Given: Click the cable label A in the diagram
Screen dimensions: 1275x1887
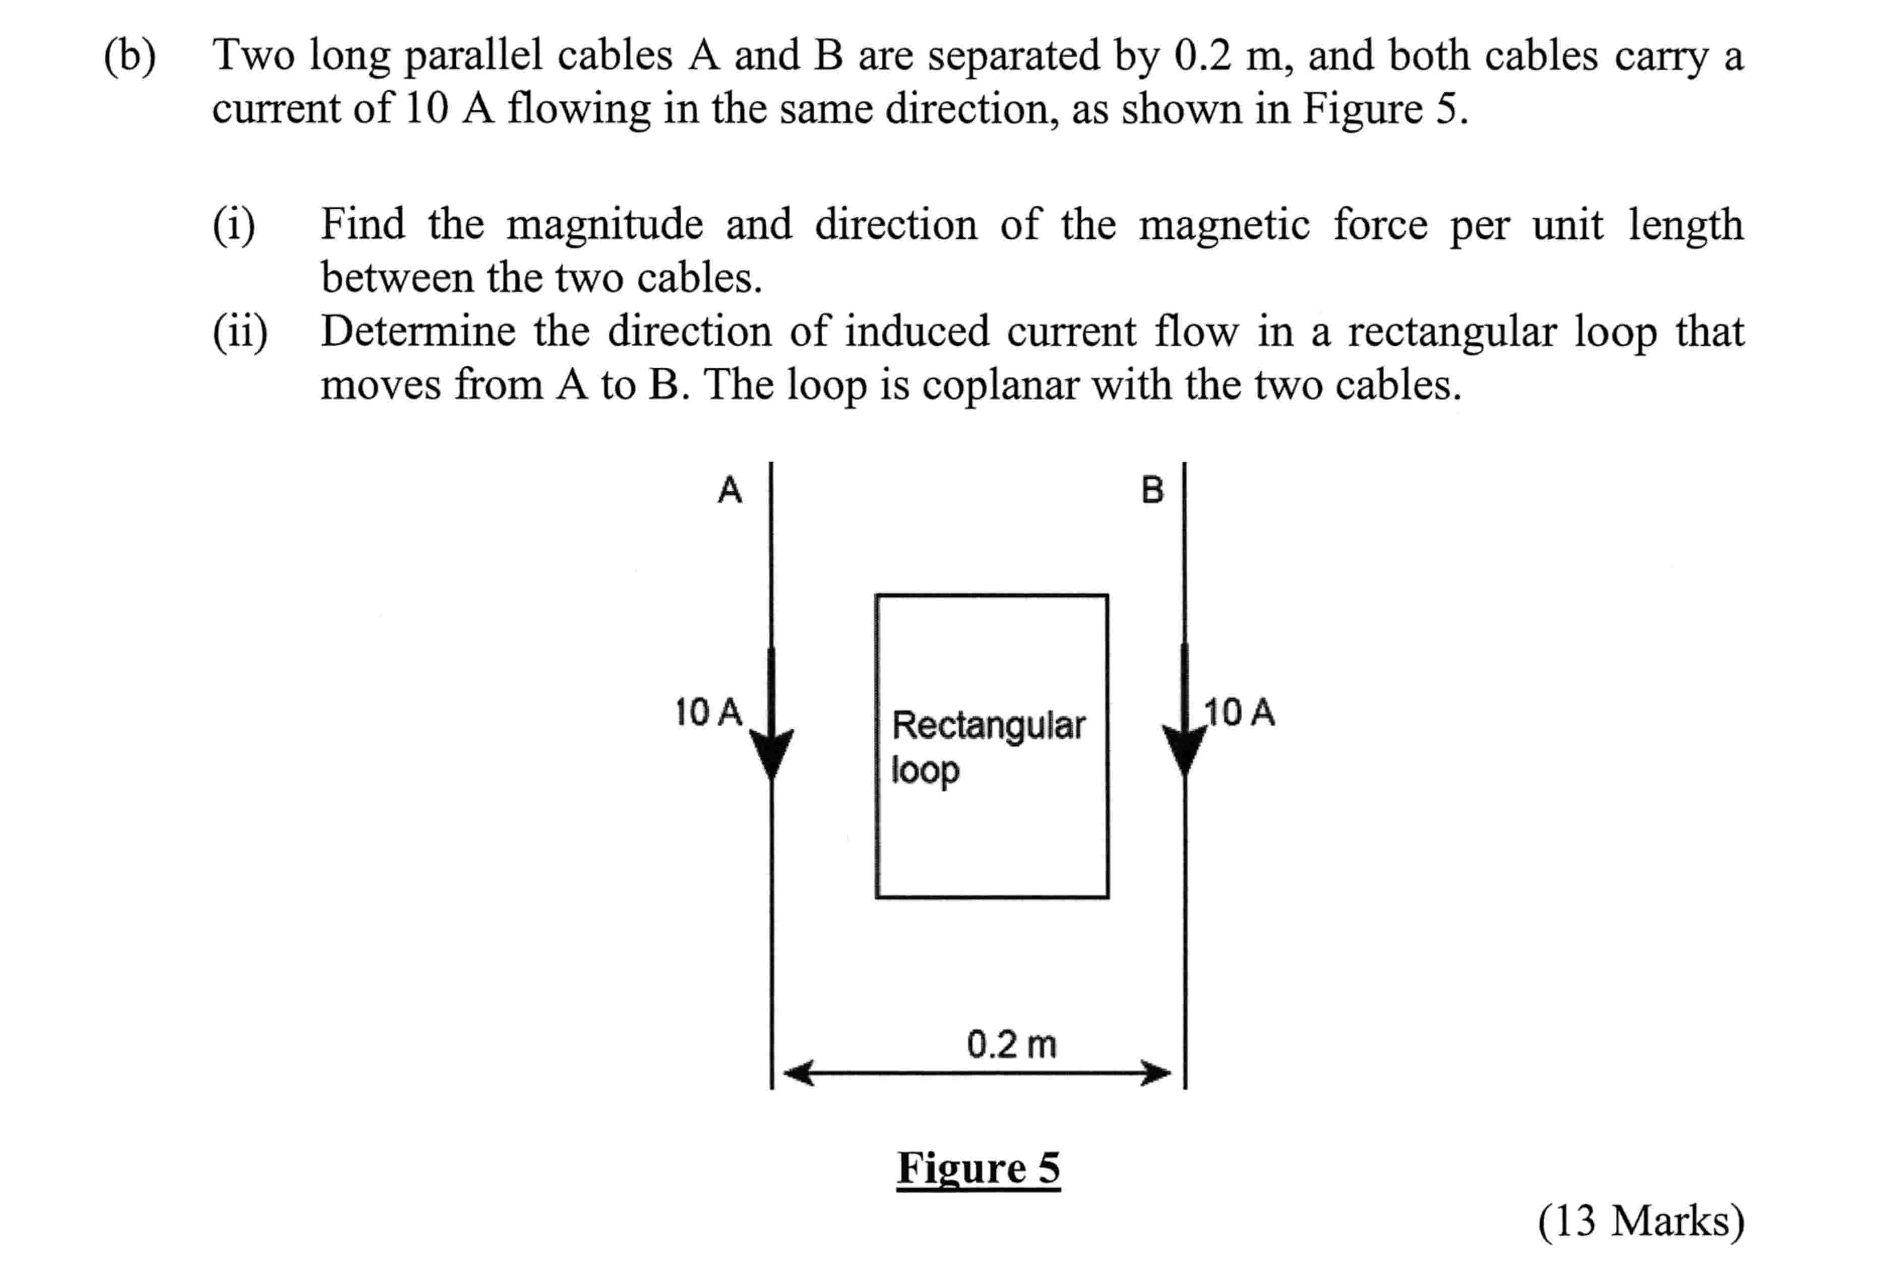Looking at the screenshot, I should click(x=729, y=490).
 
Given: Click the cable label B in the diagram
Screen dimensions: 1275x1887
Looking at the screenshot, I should click(x=1151, y=490).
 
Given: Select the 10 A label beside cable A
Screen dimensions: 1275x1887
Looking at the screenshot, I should click(x=708, y=713).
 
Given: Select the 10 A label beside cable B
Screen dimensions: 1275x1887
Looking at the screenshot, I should click(x=1239, y=713).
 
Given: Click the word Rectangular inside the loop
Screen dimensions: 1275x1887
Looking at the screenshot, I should click(x=988, y=725).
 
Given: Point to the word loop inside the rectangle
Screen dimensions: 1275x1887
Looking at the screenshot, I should click(x=925, y=770).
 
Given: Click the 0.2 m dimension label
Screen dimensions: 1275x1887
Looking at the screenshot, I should click(x=1011, y=1045).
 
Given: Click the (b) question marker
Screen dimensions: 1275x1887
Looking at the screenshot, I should click(x=130, y=57).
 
